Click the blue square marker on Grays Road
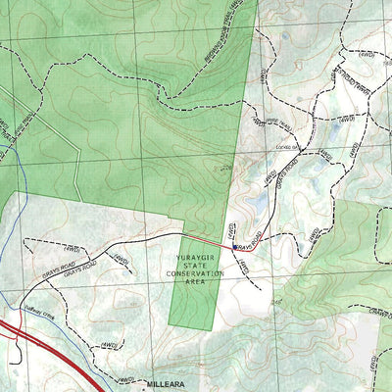coord(234,247)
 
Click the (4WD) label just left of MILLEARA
coord(124,379)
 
